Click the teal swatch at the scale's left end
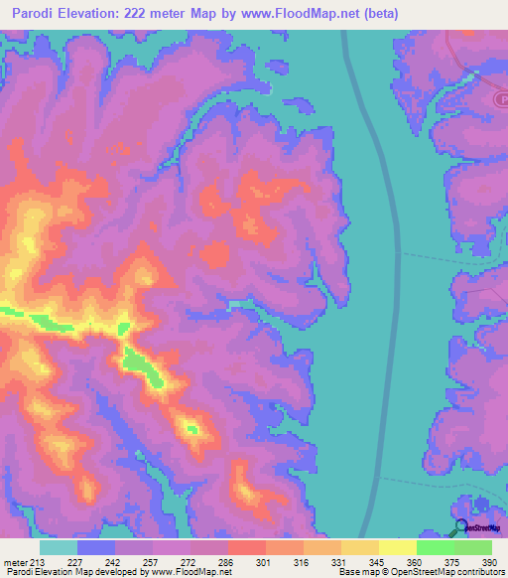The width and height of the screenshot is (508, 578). (59, 548)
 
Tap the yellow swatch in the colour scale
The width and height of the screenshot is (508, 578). (397, 548)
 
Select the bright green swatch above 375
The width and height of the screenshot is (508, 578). (435, 548)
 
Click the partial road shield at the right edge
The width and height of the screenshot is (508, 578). (501, 100)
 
